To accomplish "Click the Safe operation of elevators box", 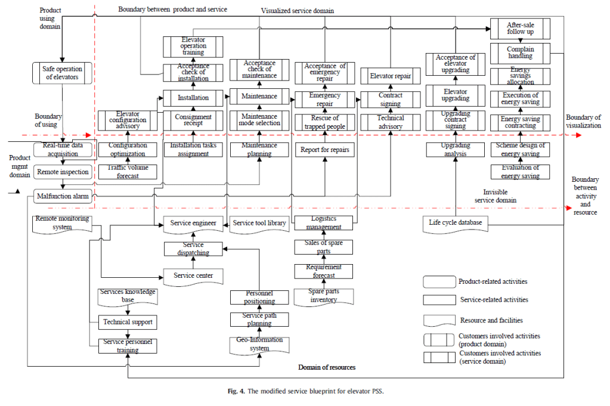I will click(x=62, y=73).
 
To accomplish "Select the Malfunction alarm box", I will click(x=62, y=195).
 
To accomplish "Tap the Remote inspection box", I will click(x=62, y=172).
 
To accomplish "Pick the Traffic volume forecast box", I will click(x=128, y=172).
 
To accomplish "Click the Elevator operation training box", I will click(x=193, y=46).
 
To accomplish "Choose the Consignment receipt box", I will click(x=193, y=120).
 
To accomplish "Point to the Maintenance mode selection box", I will click(x=259, y=120).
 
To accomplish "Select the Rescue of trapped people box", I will click(x=324, y=122).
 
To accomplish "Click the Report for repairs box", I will click(x=324, y=150).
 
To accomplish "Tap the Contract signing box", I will click(x=391, y=99).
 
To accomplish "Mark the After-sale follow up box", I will click(x=519, y=29).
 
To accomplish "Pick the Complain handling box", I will click(x=519, y=53).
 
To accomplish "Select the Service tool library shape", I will click(x=259, y=224).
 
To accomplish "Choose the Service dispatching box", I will click(x=193, y=249).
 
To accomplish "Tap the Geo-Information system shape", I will click(x=259, y=345).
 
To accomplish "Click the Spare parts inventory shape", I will click(x=324, y=296).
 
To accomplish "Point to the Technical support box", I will click(x=128, y=322).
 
